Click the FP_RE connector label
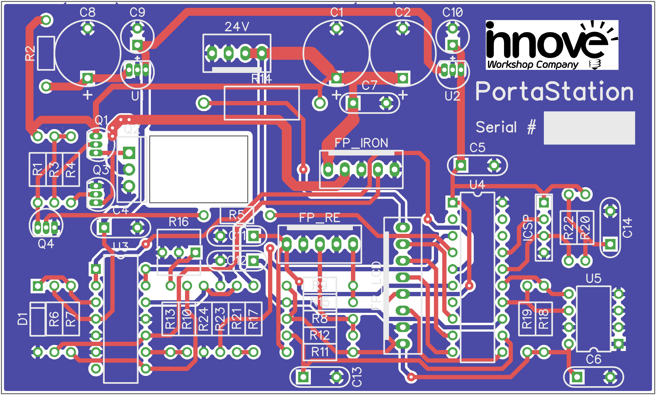(319, 218)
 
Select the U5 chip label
(593, 278)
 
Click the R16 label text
(179, 222)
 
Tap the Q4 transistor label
(46, 244)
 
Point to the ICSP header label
(527, 228)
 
